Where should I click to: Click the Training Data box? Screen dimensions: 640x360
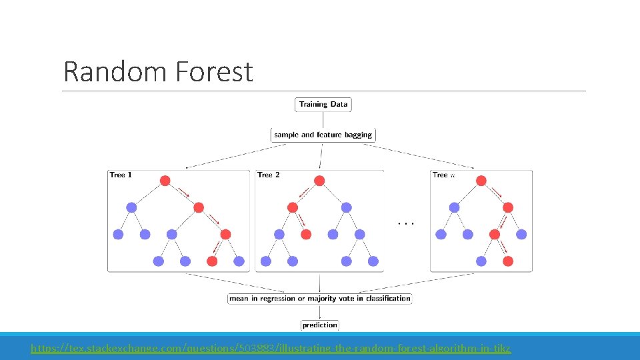point(323,104)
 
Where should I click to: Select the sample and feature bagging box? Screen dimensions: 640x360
point(323,135)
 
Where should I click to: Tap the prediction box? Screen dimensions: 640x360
point(320,325)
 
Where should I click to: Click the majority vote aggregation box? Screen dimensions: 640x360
point(320,299)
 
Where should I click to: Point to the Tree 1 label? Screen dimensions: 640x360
point(121,175)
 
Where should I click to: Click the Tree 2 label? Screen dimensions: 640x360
point(269,175)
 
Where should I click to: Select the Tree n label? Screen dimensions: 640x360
point(443,175)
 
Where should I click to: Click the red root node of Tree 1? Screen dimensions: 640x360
point(165,181)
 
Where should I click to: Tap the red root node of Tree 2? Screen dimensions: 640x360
point(319,181)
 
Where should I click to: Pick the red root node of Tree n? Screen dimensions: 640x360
point(481,181)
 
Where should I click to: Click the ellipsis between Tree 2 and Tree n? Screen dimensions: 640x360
point(406,222)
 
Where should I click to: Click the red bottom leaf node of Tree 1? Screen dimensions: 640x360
point(212,261)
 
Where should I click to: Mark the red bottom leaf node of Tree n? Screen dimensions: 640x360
point(508,261)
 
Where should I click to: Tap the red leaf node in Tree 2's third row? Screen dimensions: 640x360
point(306,234)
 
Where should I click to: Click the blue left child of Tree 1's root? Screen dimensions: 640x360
point(131,207)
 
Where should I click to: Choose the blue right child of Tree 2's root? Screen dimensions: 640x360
point(347,207)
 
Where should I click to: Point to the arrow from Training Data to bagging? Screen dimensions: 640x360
point(323,119)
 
